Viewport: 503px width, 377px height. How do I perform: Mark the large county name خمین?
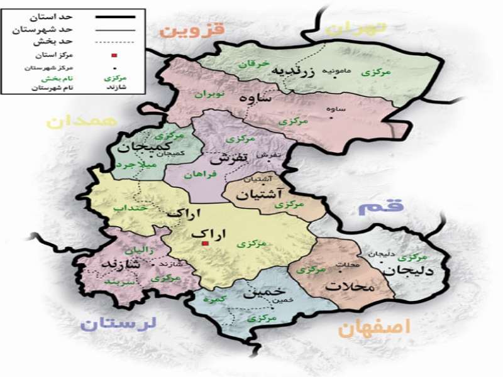258,293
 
